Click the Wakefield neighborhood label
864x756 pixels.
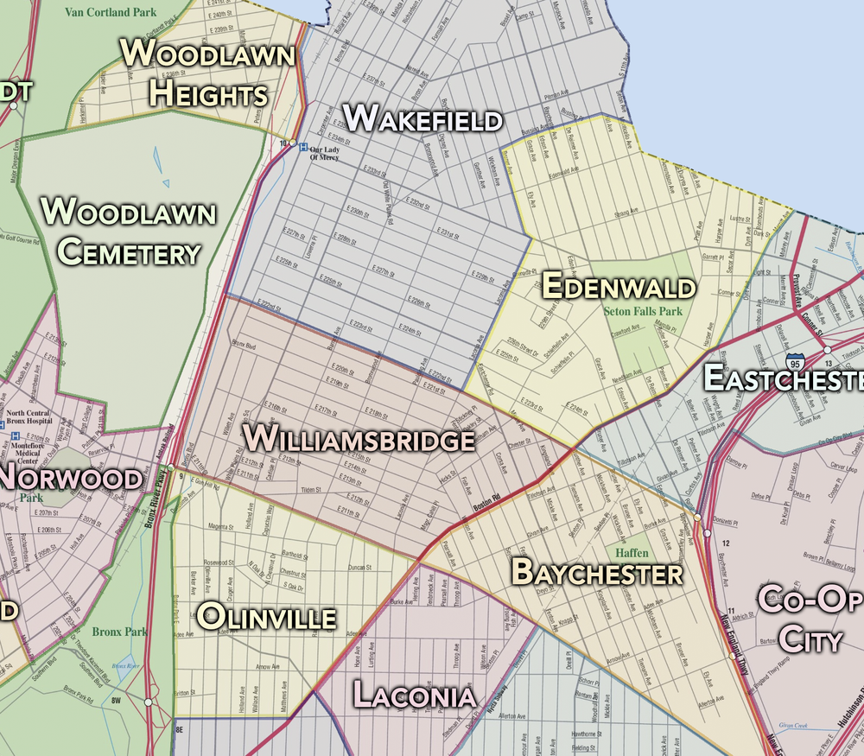(422, 118)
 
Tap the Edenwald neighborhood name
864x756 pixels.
(619, 286)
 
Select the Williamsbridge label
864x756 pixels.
(359, 439)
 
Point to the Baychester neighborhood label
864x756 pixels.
(597, 572)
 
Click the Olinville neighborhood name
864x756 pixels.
(267, 617)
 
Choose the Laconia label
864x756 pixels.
(414, 695)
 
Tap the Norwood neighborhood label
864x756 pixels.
(72, 478)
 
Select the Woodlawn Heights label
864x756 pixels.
(208, 73)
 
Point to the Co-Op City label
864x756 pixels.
(810, 619)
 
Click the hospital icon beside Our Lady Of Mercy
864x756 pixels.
(303, 147)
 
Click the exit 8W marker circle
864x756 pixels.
(148, 702)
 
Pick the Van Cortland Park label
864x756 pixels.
(110, 12)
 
